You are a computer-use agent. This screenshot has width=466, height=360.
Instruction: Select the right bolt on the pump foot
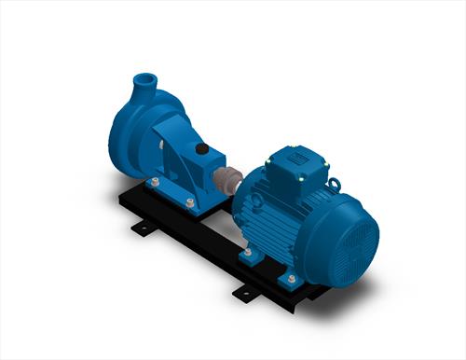click(190, 202)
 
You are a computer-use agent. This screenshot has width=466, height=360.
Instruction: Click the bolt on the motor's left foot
click(248, 253)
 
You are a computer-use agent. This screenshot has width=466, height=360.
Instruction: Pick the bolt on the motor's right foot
click(291, 277)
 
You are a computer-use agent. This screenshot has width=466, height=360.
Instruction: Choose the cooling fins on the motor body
click(280, 224)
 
